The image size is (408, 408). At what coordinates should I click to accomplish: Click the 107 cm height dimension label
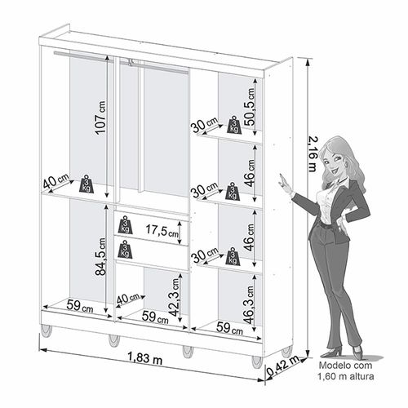pyautogui.click(x=100, y=118)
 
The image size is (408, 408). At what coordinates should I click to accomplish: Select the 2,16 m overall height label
pyautogui.click(x=313, y=153)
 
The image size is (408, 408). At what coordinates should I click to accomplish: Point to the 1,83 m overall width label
pyautogui.click(x=144, y=358)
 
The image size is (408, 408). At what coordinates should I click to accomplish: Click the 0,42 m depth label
pyautogui.click(x=283, y=366)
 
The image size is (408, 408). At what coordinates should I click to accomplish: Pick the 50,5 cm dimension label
pyautogui.click(x=250, y=107)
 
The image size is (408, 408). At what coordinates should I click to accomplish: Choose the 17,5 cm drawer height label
pyautogui.click(x=162, y=230)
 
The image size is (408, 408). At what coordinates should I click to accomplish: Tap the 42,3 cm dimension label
pyautogui.click(x=175, y=297)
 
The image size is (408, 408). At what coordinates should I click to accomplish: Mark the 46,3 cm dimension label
pyautogui.click(x=249, y=304)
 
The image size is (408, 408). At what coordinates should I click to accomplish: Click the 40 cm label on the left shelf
pyautogui.click(x=56, y=181)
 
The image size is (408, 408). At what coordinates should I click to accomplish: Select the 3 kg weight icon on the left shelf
pyautogui.click(x=86, y=184)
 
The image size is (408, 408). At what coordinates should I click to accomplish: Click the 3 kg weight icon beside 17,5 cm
pyautogui.click(x=125, y=225)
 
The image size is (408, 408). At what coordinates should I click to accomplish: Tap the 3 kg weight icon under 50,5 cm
pyautogui.click(x=234, y=125)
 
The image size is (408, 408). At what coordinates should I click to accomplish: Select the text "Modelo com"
pyautogui.click(x=345, y=365)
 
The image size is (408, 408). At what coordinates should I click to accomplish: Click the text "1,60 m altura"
pyautogui.click(x=346, y=376)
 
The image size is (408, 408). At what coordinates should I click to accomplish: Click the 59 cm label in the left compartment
pyautogui.click(x=80, y=307)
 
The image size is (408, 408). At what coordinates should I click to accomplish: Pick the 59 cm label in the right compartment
pyautogui.click(x=229, y=328)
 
